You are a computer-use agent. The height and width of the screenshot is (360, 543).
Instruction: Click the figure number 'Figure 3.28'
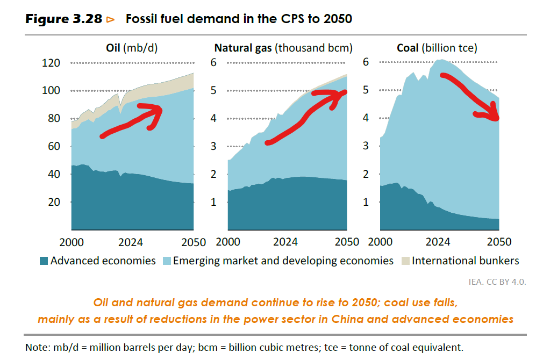pyautogui.click(x=63, y=19)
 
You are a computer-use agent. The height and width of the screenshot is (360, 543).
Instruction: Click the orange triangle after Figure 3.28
pyautogui.click(x=111, y=19)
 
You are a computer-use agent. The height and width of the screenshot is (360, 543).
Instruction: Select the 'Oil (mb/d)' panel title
pyautogui.click(x=132, y=48)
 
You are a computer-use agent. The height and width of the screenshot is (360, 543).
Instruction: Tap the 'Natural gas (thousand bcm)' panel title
pyautogui.click(x=283, y=48)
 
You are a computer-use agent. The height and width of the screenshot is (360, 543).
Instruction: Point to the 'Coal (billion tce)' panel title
pyautogui.click(x=437, y=48)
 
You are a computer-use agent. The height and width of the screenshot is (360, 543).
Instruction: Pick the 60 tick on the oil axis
pyautogui.click(x=53, y=146)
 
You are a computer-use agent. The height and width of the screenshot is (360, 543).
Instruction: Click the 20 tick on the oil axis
pyautogui.click(x=53, y=202)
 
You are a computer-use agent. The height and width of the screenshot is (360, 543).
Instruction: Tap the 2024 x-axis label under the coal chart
pyautogui.click(x=437, y=241)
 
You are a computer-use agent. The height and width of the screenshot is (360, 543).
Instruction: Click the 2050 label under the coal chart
pyautogui.click(x=499, y=241)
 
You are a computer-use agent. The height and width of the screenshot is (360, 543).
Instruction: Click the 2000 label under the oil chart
pyautogui.click(x=71, y=241)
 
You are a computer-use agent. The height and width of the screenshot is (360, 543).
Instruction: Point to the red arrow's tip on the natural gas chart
pyautogui.click(x=345, y=92)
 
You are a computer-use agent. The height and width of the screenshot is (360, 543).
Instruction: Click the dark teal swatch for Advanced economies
pyautogui.click(x=44, y=261)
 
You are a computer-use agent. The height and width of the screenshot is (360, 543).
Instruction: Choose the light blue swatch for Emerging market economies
pyautogui.click(x=166, y=261)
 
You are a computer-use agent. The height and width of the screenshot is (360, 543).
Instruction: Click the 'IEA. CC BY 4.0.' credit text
pyautogui.click(x=496, y=281)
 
